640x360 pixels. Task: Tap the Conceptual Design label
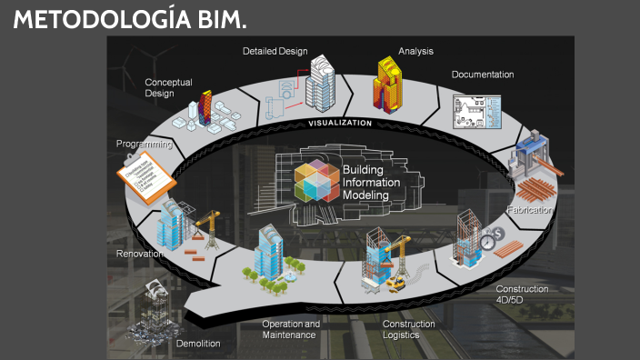(168, 87)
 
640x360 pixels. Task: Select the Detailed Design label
(275, 51)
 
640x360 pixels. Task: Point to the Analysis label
(415, 51)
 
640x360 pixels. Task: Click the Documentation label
(483, 75)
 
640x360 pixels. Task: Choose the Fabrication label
(531, 210)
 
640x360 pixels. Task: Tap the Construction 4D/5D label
(521, 294)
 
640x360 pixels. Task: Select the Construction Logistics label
(408, 329)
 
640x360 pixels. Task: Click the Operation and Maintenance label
(291, 329)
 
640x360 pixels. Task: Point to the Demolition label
(198, 344)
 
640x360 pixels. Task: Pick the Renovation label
(139, 254)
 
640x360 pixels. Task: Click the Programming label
(144, 144)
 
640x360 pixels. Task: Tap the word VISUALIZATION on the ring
(340, 122)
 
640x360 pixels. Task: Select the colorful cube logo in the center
(317, 179)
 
